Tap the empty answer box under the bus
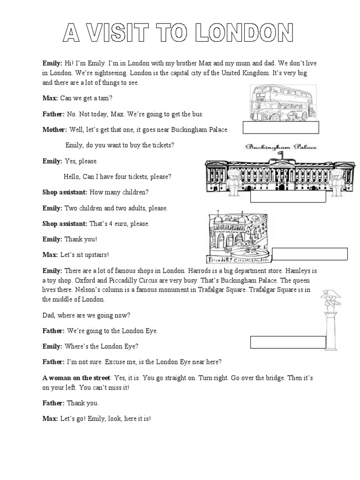(281, 127)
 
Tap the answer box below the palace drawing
(288, 197)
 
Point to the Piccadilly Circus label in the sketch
(238, 259)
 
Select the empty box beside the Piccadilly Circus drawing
(310, 254)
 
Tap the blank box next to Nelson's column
(288, 343)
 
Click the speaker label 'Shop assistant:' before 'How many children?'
(65, 193)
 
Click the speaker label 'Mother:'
(55, 130)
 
